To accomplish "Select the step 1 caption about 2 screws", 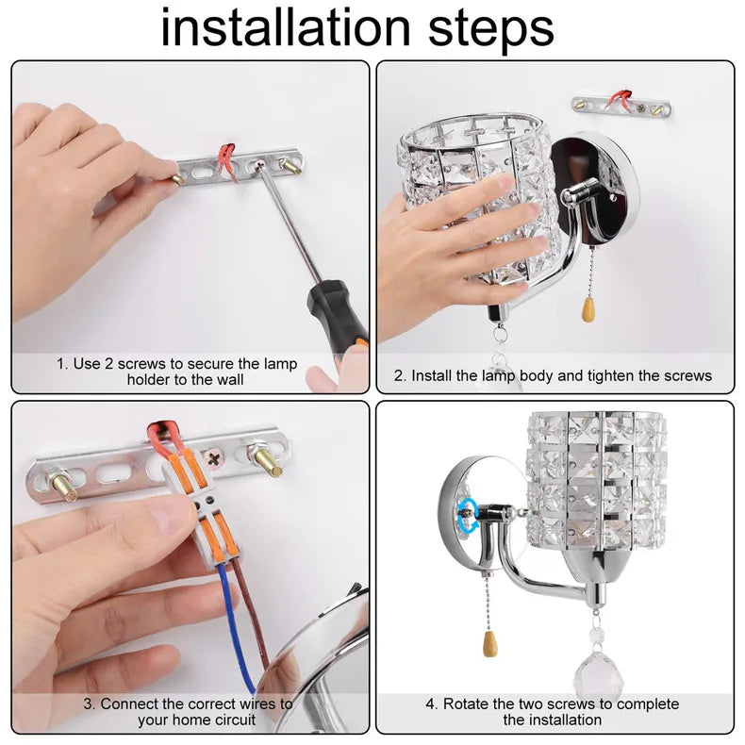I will point(176,371).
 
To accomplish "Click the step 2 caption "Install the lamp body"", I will point(552,375).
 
